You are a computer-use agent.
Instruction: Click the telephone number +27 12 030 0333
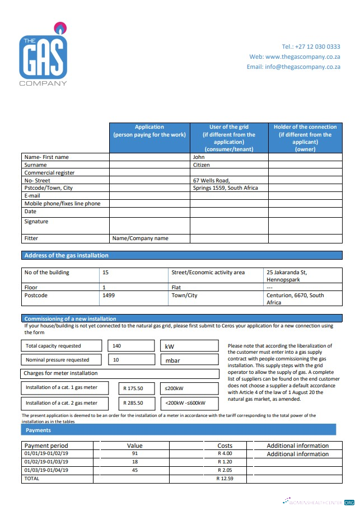[x=311, y=46]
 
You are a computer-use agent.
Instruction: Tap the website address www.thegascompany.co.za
[x=294, y=57]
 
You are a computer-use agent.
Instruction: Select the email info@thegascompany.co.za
[x=293, y=67]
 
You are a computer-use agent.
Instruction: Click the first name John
[x=199, y=157]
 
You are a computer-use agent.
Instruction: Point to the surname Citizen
[x=202, y=165]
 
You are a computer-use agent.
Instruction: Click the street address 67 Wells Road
[x=211, y=180]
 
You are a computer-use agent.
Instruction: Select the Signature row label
[x=36, y=222]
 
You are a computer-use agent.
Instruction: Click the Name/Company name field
[x=140, y=238]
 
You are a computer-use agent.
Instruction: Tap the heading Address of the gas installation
[x=66, y=255]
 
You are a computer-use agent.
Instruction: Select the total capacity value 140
[x=117, y=346]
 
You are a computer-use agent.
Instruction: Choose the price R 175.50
[x=134, y=388]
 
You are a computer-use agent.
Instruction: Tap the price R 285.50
[x=134, y=403]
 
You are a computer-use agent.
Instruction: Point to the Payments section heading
[x=38, y=430]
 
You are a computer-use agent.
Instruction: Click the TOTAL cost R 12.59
[x=225, y=479]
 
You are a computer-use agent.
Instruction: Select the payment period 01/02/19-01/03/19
[x=46, y=462]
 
